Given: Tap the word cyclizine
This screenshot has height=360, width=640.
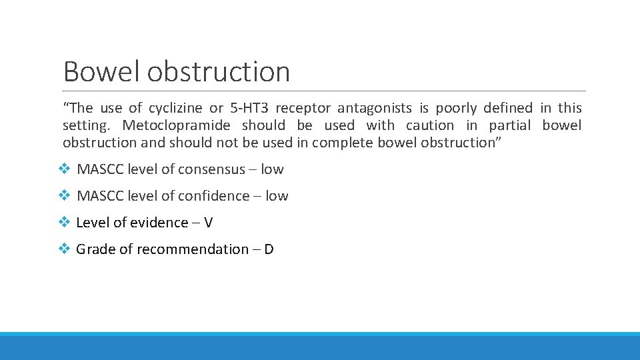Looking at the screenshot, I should point(177,108).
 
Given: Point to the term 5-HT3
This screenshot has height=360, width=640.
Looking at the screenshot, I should point(249,108).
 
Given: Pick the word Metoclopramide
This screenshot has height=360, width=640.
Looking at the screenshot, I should point(177,125).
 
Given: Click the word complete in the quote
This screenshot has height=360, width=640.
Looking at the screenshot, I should point(343,143).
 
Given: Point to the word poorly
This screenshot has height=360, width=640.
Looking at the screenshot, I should point(456,108).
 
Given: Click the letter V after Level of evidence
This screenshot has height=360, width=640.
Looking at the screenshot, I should point(208,223).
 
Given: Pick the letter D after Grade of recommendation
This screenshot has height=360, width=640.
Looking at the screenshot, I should point(269,249).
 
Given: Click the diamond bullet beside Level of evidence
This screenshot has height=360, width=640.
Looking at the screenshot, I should point(64,223).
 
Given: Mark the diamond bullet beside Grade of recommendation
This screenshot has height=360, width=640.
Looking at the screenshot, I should point(64,249).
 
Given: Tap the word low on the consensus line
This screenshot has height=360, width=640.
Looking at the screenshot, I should point(272,169).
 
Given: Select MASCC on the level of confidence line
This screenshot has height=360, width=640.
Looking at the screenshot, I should point(101,196).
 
